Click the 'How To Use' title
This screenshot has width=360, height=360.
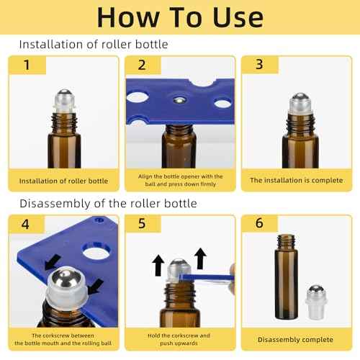tap(180, 17)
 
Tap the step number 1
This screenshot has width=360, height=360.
tap(28, 66)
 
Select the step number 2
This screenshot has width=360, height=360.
tap(142, 66)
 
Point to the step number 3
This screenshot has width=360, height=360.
tap(257, 66)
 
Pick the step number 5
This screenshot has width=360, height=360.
tap(142, 224)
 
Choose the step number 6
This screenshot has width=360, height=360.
tap(258, 224)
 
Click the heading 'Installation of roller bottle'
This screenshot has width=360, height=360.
tap(94, 45)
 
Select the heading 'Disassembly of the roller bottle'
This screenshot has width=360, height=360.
tap(108, 203)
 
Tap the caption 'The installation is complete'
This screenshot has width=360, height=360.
tap(296, 180)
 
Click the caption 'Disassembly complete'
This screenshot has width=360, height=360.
tap(296, 338)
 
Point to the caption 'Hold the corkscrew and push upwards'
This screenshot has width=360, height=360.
tap(180, 339)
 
